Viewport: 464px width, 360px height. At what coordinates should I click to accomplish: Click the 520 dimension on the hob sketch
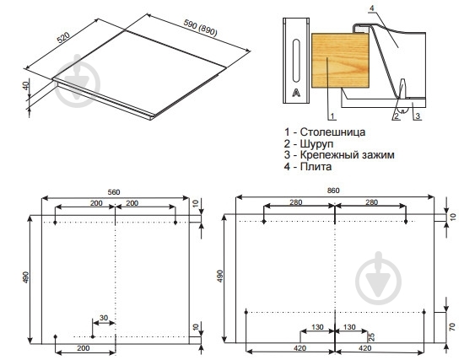point(63,37)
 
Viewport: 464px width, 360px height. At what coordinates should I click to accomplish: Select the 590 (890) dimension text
point(200,28)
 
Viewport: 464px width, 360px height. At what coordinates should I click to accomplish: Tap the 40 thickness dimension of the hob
point(26,85)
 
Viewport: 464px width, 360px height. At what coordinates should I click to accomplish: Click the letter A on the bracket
point(296,93)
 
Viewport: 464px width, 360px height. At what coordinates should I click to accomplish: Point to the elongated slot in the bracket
point(296,61)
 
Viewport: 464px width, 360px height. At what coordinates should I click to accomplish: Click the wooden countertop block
point(340,61)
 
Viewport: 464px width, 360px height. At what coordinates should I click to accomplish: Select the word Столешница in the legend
point(332,132)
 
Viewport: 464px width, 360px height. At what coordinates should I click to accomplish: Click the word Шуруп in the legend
point(316,143)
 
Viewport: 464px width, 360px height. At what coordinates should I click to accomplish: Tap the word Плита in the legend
point(316,166)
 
